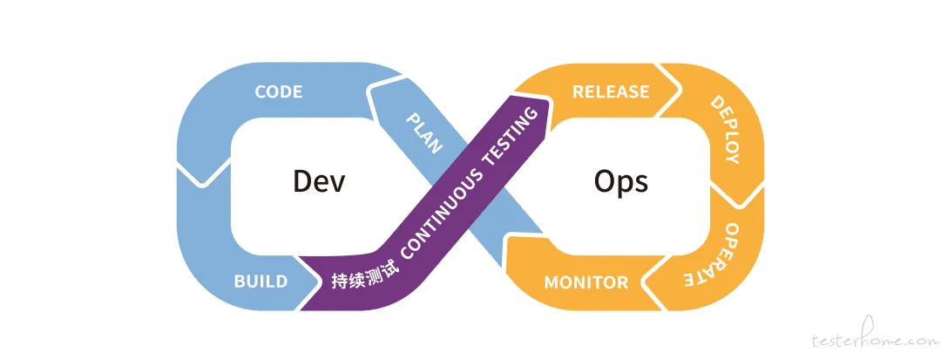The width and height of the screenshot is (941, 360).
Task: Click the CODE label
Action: pos(279,92)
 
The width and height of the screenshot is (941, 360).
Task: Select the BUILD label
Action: pos(261,282)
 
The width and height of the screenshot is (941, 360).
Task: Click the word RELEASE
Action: pos(610,92)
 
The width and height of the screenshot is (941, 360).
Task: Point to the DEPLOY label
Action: pos(725,129)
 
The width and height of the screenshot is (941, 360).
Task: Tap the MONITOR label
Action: pos(586,282)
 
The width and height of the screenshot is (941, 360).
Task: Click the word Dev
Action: pos(319,180)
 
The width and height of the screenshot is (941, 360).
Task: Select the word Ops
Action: pos(621,182)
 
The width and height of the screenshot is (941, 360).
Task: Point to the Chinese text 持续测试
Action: pos(360,276)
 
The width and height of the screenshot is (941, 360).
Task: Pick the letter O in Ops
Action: pos(606,180)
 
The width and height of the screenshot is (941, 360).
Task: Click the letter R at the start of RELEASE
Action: pos(578,92)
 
